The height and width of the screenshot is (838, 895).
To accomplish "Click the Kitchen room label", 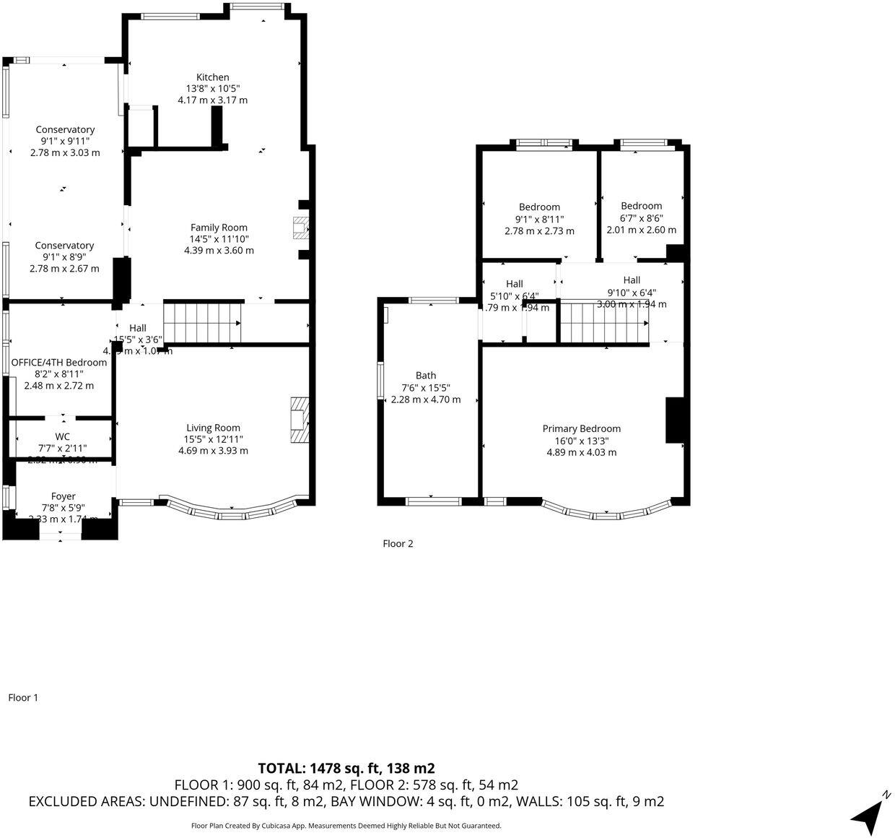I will pos(213,77).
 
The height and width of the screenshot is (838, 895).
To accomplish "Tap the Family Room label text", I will pos(219,227).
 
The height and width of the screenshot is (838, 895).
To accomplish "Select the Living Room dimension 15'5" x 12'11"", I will pos(213,439).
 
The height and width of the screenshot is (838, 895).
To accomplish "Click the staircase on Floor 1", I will pos(202,323).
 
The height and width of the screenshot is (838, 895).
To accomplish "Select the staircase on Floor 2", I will pos(604,323).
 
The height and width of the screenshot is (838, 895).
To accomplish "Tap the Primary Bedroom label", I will pos(581,428).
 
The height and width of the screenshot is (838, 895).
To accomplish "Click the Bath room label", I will pos(426,375).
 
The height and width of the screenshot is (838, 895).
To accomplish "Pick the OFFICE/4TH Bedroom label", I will pos(59,363).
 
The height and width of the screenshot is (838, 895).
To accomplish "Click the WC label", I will pos(63,436).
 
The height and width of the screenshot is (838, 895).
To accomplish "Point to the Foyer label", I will pos(64,496).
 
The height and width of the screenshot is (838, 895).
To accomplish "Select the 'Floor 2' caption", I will pos(398,544).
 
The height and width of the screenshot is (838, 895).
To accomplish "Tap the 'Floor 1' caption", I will pos(23,698).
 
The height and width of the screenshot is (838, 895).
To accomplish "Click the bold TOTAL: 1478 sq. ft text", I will pos(346,768).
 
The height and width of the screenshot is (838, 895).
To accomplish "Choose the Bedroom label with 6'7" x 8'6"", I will pos(641,206).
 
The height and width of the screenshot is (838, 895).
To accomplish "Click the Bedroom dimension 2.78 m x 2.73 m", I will pos(539,231).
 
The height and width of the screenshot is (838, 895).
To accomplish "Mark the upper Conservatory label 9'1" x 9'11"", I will pos(65,130).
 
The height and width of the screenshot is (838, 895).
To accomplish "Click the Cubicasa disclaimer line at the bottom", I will pos(346,826).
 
